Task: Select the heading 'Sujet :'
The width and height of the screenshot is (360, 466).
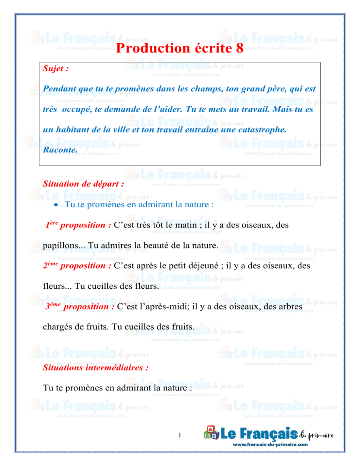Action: click(56, 68)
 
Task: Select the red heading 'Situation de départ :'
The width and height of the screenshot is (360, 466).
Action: click(83, 184)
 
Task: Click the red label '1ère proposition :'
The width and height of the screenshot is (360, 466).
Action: click(78, 225)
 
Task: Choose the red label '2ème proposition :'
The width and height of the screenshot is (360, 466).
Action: click(77, 266)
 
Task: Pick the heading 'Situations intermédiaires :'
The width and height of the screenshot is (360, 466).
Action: click(96, 368)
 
